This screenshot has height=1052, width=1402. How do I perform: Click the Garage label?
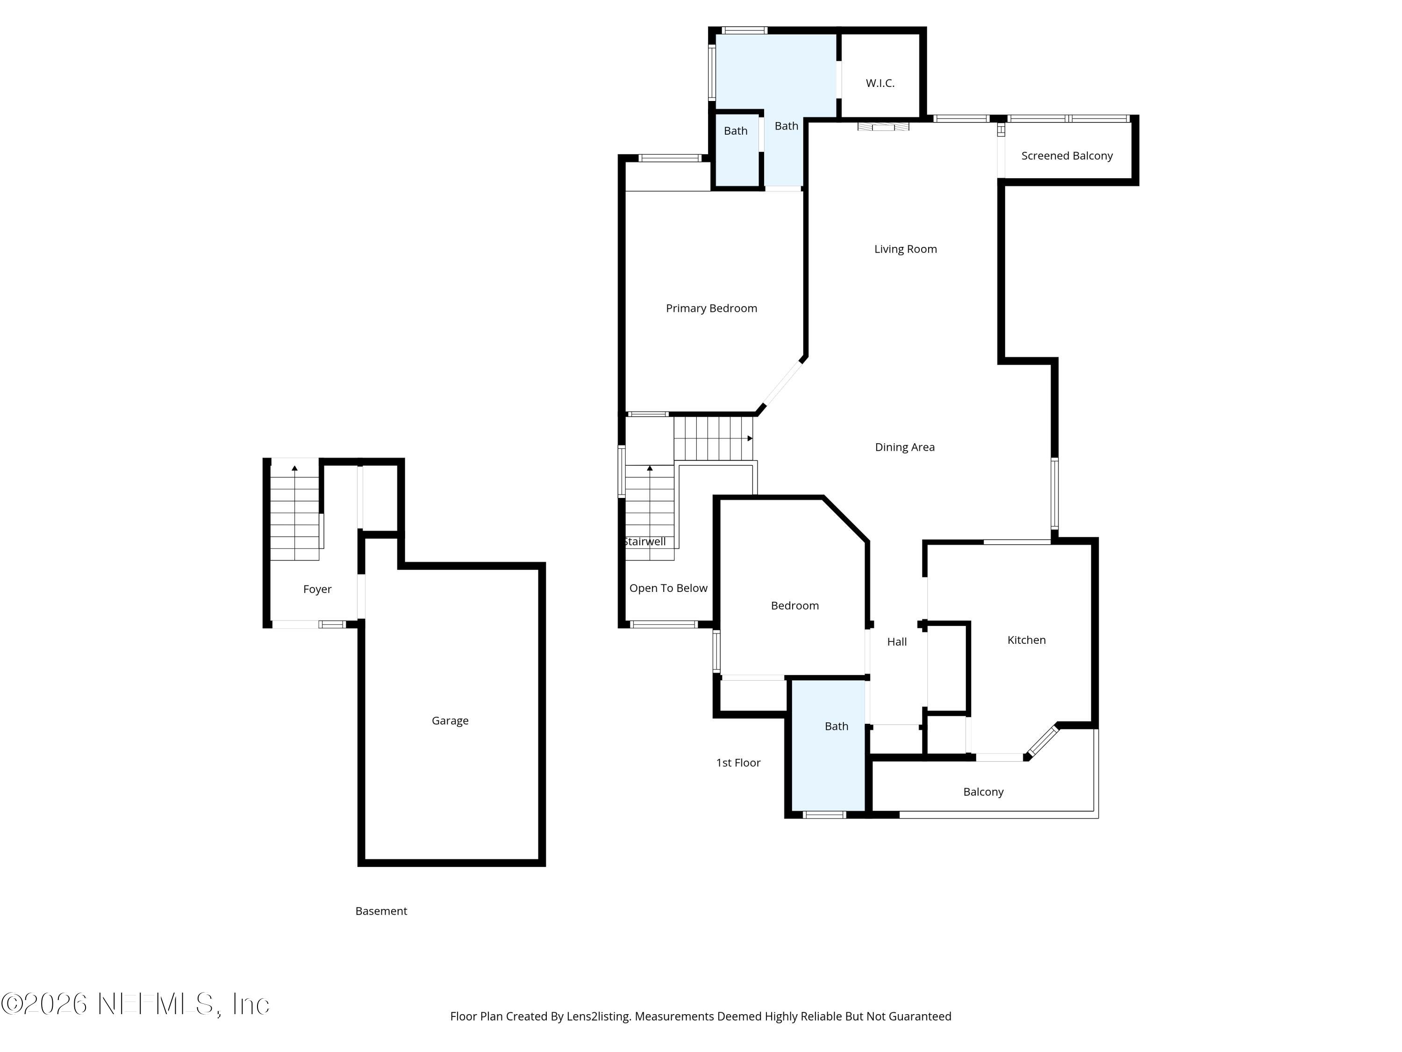[x=450, y=721]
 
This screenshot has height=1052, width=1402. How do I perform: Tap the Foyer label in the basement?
[x=317, y=589]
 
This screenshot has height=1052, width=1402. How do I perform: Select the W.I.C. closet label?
[x=880, y=83]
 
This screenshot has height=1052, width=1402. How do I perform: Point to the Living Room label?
[x=905, y=249]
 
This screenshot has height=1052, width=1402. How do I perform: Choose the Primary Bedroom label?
[x=711, y=308]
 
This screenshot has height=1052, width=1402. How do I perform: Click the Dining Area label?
[x=904, y=447]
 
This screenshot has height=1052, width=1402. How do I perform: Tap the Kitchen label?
[x=1026, y=640]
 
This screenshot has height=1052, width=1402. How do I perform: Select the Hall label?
[x=896, y=642]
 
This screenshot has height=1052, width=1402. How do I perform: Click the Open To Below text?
[x=668, y=588]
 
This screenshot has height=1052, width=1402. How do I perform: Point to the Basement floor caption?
[x=381, y=911]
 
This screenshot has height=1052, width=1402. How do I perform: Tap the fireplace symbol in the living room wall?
[x=883, y=127]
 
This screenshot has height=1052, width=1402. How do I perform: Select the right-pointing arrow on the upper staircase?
[x=750, y=438]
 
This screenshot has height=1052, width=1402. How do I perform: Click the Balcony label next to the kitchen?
[x=983, y=792]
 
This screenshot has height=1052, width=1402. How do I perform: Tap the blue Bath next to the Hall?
[x=836, y=726]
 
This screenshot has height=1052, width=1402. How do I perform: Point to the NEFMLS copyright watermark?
[x=135, y=1004]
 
